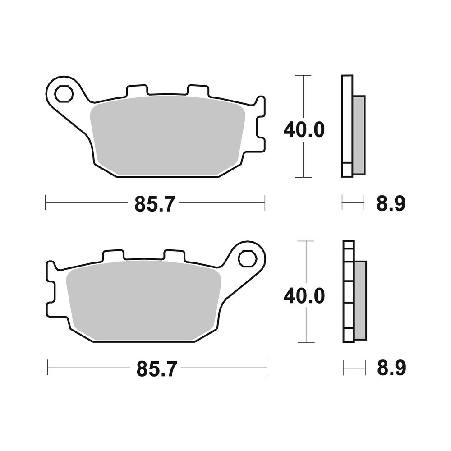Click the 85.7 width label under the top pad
coord(153,204)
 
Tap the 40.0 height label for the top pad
coord(304,130)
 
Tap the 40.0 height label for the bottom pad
coord(304,296)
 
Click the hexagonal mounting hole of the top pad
coord(63,94)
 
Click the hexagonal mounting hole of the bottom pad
coord(247,259)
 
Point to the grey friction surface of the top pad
coord(167,135)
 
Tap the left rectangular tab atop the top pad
coord(137,90)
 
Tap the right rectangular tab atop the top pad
coord(198,90)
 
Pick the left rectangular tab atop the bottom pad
coord(113,255)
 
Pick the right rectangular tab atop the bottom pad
coord(174,255)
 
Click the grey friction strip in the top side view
coord(359,135)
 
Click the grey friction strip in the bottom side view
coord(360,300)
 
